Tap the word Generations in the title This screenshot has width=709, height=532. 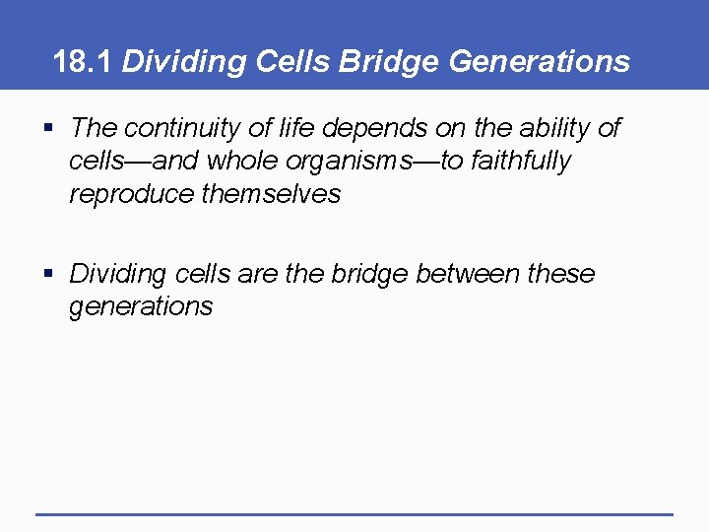pyautogui.click(x=539, y=62)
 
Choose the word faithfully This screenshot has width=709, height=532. pyautogui.click(x=520, y=160)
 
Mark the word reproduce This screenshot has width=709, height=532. pyautogui.click(x=131, y=193)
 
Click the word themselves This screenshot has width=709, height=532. pyautogui.click(x=271, y=193)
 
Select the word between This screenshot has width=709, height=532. pyautogui.click(x=469, y=273)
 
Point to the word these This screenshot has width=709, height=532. pyautogui.click(x=562, y=273)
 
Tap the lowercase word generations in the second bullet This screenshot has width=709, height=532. pyautogui.click(x=141, y=306)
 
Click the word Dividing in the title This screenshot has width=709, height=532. pyautogui.click(x=184, y=62)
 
